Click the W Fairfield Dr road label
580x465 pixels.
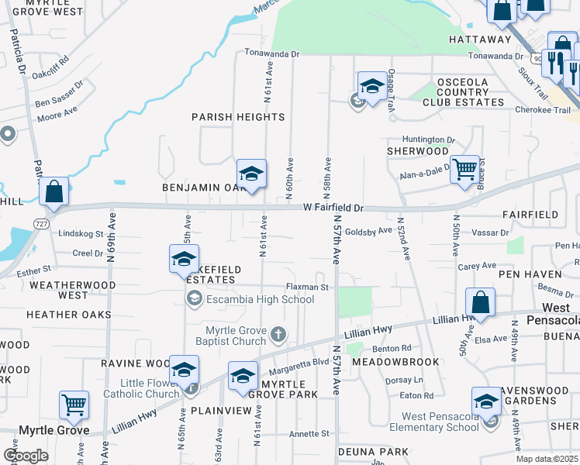(333, 208)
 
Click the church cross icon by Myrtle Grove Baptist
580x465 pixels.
(278, 336)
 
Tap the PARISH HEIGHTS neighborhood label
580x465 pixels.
(239, 117)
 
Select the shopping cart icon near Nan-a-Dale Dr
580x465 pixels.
(464, 170)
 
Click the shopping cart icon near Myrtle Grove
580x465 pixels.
(74, 404)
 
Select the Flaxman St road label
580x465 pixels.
(309, 287)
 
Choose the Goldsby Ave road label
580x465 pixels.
(368, 231)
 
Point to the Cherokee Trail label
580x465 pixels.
(543, 110)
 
